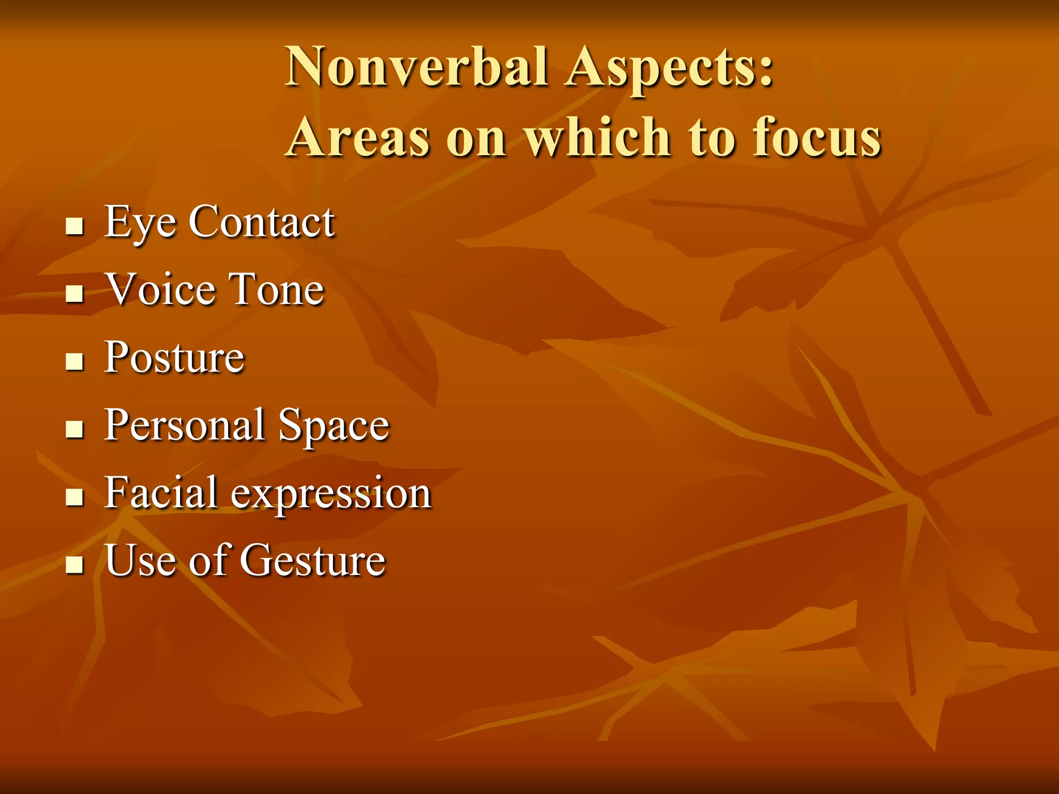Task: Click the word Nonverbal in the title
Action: tap(417, 67)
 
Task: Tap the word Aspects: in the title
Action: tap(669, 69)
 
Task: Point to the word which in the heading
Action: tap(597, 136)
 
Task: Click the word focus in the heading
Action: tap(816, 138)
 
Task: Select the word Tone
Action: tap(276, 289)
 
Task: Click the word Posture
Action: tap(174, 358)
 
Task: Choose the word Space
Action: tap(334, 426)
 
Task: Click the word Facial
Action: tap(160, 493)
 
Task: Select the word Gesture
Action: tap(313, 560)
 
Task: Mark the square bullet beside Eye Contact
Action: tap(75, 226)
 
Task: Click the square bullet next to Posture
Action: tap(75, 362)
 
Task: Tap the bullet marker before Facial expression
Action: tap(75, 497)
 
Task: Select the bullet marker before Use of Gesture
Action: tap(75, 565)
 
